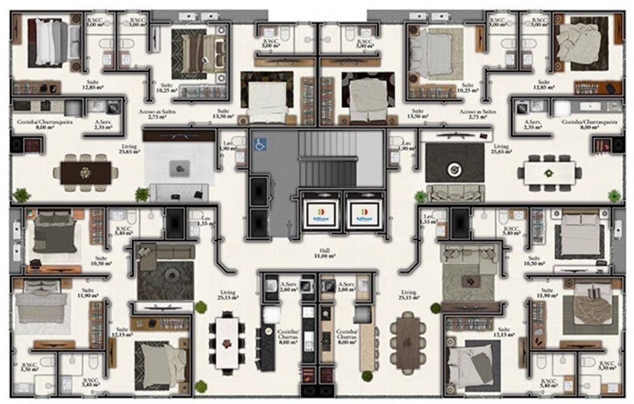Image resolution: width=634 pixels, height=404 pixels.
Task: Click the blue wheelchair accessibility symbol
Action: click(x=259, y=144)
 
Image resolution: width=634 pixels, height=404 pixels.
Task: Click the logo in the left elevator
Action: click(x=318, y=212)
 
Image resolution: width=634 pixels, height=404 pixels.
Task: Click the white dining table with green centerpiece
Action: click(x=548, y=172)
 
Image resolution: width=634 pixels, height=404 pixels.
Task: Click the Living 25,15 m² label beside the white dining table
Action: click(x=227, y=295)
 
